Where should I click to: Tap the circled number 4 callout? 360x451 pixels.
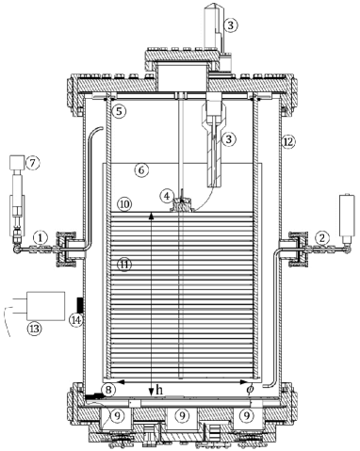[x=167, y=196]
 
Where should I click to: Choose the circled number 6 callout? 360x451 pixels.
[x=139, y=170]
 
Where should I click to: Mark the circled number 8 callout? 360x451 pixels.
[x=109, y=389]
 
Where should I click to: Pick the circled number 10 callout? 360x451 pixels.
[x=123, y=203]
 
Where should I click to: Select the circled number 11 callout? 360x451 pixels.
[x=123, y=265]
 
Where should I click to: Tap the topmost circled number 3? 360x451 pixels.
[x=230, y=26]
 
